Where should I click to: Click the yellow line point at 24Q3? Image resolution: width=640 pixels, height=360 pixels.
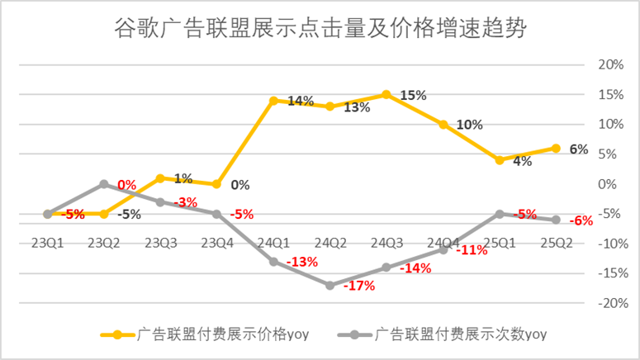tap(386, 95)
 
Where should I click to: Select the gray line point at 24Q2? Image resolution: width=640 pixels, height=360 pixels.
tap(329, 285)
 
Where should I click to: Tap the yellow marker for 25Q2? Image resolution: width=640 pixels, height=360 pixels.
tap(556, 149)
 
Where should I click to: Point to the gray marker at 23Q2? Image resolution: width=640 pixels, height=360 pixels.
tap(104, 184)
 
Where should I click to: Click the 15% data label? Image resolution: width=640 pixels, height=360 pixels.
tap(413, 95)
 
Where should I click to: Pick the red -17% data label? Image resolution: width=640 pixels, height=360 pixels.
tap(360, 287)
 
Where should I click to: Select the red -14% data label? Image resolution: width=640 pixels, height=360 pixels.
tap(415, 268)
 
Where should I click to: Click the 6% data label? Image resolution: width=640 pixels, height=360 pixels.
tap(579, 149)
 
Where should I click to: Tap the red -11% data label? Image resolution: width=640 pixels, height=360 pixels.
tap(472, 250)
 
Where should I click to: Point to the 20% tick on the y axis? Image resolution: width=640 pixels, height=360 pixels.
tap(609, 65)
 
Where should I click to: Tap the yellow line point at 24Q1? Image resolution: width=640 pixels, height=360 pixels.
tap(273, 101)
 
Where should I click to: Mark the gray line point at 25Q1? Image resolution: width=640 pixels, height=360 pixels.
tap(499, 214)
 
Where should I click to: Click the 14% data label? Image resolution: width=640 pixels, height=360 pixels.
tap(301, 102)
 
